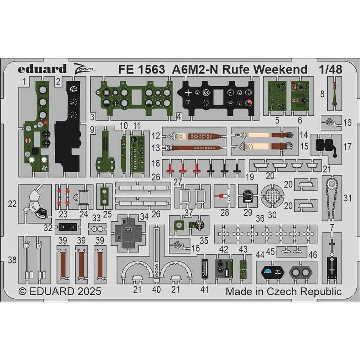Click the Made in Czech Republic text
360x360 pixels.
coord(283,291)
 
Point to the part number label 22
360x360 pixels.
coord(12,204)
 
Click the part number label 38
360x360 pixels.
coord(12,260)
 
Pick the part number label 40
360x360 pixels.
coord(157,290)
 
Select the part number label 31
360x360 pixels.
coord(347,198)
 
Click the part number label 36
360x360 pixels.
coord(260,218)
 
